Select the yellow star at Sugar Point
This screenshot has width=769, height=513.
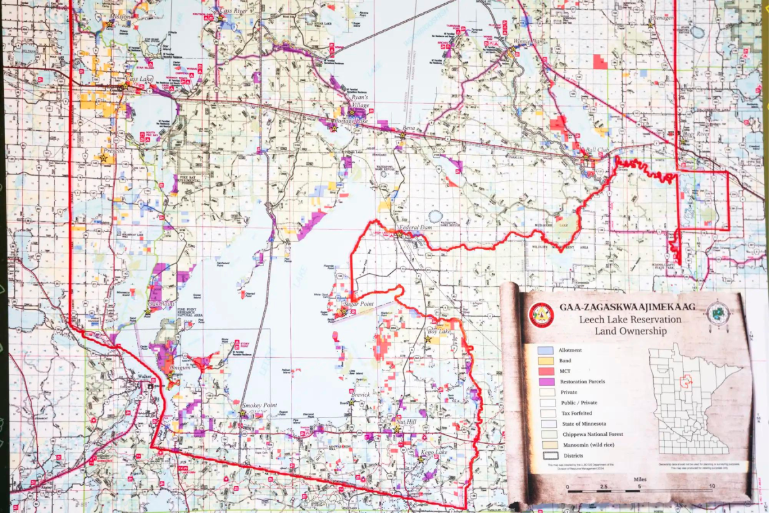tap(343, 312)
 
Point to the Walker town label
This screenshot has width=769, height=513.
tap(142, 379)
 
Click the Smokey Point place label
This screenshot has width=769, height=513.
tap(259, 406)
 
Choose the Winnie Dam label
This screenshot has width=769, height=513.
tap(527, 41)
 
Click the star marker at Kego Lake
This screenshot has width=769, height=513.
tap(420, 459)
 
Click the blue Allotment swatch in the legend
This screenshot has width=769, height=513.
tap(545, 351)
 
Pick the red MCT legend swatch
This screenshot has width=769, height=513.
tap(545, 371)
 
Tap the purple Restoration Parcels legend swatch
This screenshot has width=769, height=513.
tap(545, 382)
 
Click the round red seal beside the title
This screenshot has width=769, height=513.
tap(542, 315)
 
